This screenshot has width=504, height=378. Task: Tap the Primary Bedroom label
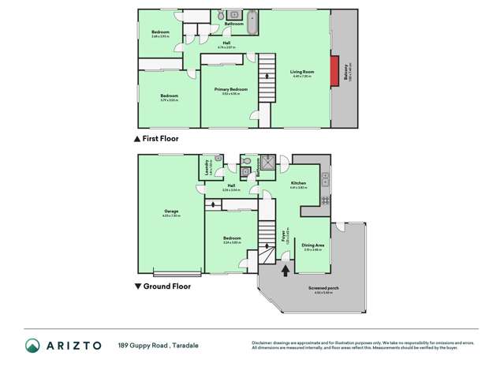tap(231, 90)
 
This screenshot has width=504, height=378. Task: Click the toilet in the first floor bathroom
tap(234, 15)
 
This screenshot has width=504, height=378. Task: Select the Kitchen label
tap(298, 183)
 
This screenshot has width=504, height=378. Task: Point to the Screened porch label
tap(319, 289)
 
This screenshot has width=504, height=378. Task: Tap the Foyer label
tap(283, 234)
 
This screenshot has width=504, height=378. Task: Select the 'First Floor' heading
tap(160, 139)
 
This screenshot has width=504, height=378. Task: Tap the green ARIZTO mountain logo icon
tap(32, 345)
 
